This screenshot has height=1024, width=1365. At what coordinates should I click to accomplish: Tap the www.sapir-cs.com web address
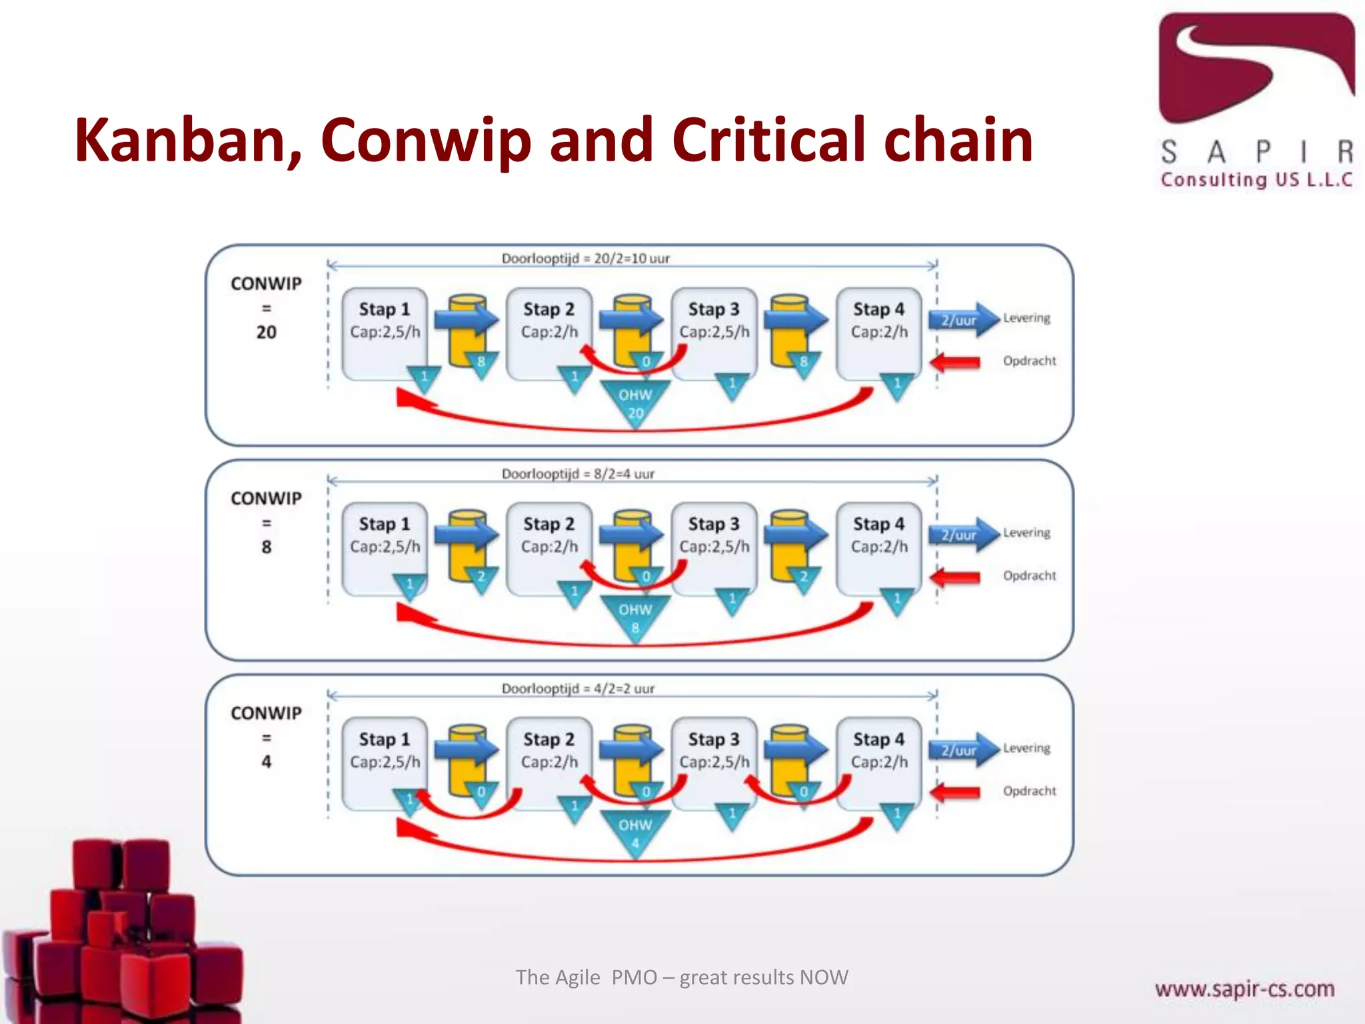click(1244, 989)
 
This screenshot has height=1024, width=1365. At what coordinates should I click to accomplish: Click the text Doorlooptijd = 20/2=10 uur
click(585, 259)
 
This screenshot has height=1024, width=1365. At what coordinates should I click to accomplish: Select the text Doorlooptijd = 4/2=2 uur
click(578, 689)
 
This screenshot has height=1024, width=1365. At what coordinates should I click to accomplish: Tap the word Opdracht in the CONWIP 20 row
click(1029, 361)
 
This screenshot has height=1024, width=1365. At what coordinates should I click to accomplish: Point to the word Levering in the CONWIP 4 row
click(1026, 748)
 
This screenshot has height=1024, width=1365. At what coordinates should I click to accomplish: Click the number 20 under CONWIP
click(266, 332)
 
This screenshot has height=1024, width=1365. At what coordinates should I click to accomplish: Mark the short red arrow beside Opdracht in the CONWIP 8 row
click(955, 577)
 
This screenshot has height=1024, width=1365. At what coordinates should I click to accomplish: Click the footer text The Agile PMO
click(681, 977)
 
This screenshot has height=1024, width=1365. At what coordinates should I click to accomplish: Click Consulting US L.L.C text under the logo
click(1256, 180)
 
